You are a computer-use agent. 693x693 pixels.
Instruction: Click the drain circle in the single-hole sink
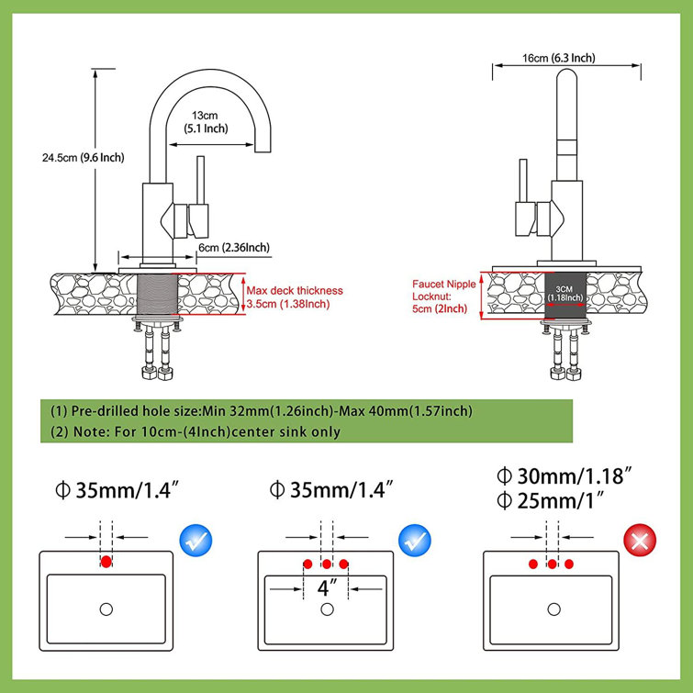(x=106, y=609)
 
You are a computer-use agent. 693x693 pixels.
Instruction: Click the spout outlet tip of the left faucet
(x=267, y=148)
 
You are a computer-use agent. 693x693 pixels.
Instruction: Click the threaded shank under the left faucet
(x=155, y=294)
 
